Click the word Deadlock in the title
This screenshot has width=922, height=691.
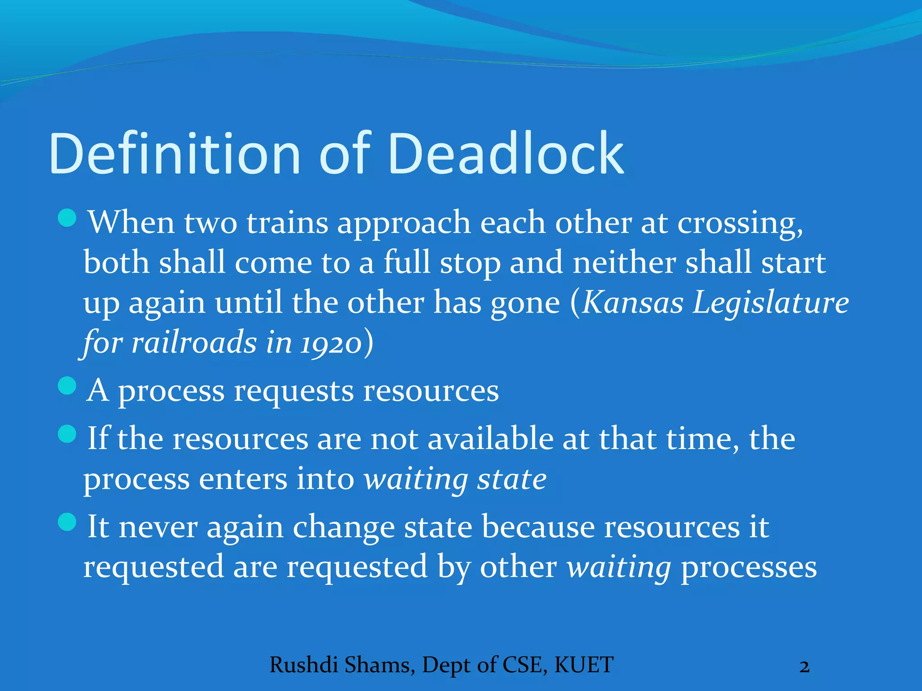(x=505, y=154)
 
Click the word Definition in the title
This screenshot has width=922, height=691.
(x=175, y=154)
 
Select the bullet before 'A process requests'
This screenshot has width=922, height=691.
(x=68, y=386)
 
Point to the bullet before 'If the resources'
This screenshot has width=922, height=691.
(x=68, y=434)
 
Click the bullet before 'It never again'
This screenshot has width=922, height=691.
(x=68, y=522)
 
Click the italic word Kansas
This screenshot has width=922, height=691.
(x=633, y=302)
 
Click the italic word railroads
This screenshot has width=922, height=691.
(x=194, y=342)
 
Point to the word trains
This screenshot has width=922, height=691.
(x=287, y=223)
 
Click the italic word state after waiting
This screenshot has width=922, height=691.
(x=512, y=479)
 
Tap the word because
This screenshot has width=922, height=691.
(x=538, y=526)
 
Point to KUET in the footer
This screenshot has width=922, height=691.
(x=584, y=665)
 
